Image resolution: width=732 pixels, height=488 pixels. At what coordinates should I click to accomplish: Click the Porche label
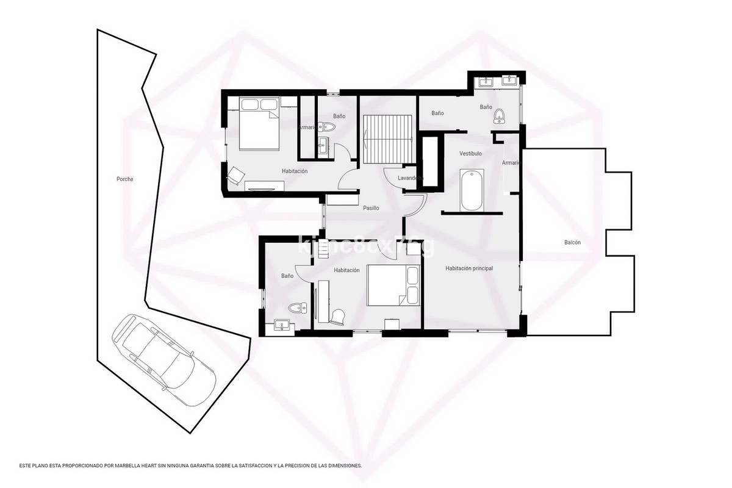(x=124, y=179)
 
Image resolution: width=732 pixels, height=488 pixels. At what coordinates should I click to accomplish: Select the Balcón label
(x=572, y=243)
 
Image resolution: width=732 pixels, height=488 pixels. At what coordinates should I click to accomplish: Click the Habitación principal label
(x=469, y=268)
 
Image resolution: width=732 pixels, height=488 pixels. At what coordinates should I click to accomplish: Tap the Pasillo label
(x=371, y=208)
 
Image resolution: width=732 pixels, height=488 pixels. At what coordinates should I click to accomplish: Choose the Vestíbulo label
(x=470, y=154)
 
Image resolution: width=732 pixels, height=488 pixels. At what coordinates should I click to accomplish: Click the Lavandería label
(x=409, y=178)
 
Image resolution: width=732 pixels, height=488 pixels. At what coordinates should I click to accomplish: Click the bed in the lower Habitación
(x=393, y=285)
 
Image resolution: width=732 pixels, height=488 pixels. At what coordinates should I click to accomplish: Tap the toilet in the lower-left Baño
(x=298, y=307)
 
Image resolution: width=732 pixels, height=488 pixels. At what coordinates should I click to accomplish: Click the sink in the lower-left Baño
(x=282, y=325)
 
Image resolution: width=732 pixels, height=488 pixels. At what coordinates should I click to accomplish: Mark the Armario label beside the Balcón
(x=511, y=163)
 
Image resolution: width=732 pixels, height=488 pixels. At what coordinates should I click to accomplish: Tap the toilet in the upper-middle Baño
(x=329, y=127)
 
